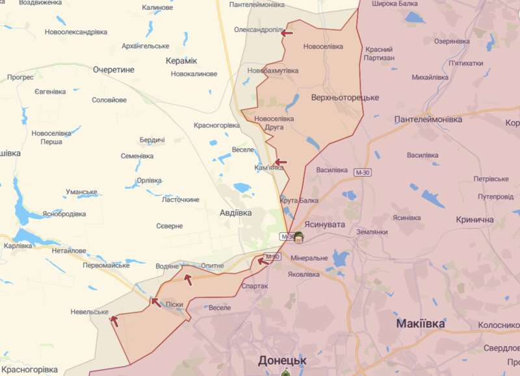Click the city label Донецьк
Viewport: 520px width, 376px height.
[281, 360]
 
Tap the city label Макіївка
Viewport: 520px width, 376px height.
[421, 323]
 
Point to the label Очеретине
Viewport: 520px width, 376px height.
[113, 69]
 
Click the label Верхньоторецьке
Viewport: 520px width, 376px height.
[336, 97]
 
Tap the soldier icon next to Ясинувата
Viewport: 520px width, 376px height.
[299, 236]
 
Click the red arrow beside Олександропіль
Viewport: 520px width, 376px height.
[287, 32]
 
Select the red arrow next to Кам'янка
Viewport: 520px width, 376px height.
[280, 162]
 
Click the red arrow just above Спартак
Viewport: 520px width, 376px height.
[263, 261]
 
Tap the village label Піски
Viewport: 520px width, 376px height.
[175, 305]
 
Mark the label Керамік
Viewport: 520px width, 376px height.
[181, 60]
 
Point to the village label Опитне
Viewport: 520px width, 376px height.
[212, 266]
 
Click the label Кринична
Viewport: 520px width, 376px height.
[474, 220]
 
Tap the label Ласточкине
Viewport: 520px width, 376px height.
[180, 199]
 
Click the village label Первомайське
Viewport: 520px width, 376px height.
[106, 265]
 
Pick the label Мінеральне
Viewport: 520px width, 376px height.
[309, 258]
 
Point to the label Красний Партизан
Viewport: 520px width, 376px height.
[379, 54]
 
